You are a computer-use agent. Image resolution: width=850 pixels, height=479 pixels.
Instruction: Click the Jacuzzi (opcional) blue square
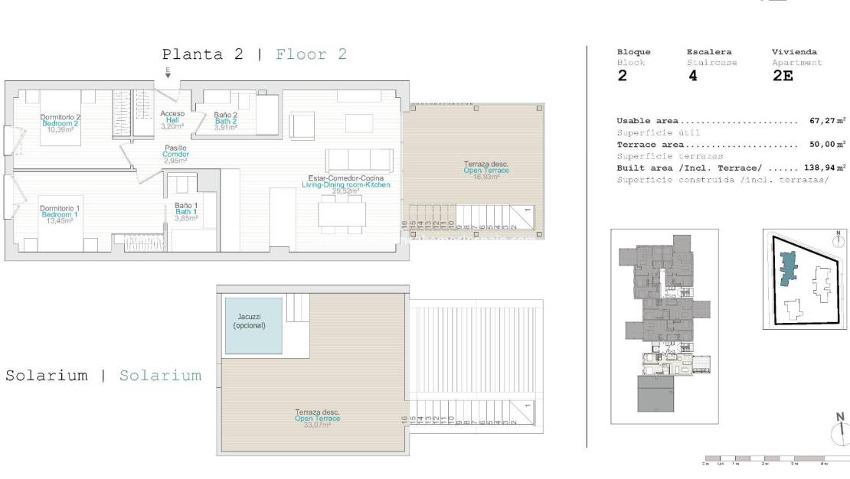[x=253, y=325]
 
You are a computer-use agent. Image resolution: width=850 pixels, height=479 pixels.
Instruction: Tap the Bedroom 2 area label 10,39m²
[x=60, y=130]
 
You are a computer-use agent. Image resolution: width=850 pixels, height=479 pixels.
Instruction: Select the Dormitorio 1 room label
[x=60, y=209]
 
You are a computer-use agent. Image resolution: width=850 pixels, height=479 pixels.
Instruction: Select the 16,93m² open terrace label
[x=485, y=177]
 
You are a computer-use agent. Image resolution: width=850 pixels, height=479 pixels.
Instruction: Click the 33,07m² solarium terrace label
[x=318, y=425]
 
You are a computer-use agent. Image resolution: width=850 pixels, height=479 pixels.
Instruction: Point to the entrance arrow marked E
[x=168, y=73]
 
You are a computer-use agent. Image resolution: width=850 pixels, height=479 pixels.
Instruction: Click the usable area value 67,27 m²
[x=827, y=121]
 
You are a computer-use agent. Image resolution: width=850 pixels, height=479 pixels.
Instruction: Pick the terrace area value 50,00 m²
[x=827, y=144]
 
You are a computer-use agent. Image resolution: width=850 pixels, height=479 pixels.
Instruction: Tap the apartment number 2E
[x=782, y=76]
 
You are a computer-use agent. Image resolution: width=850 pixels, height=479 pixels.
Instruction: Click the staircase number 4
[x=692, y=76]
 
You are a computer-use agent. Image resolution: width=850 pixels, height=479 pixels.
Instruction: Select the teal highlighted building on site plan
[x=786, y=271]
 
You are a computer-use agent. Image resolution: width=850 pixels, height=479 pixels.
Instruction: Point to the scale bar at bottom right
[x=766, y=459]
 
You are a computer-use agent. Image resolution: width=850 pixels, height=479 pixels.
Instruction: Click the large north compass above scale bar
[x=840, y=432]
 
